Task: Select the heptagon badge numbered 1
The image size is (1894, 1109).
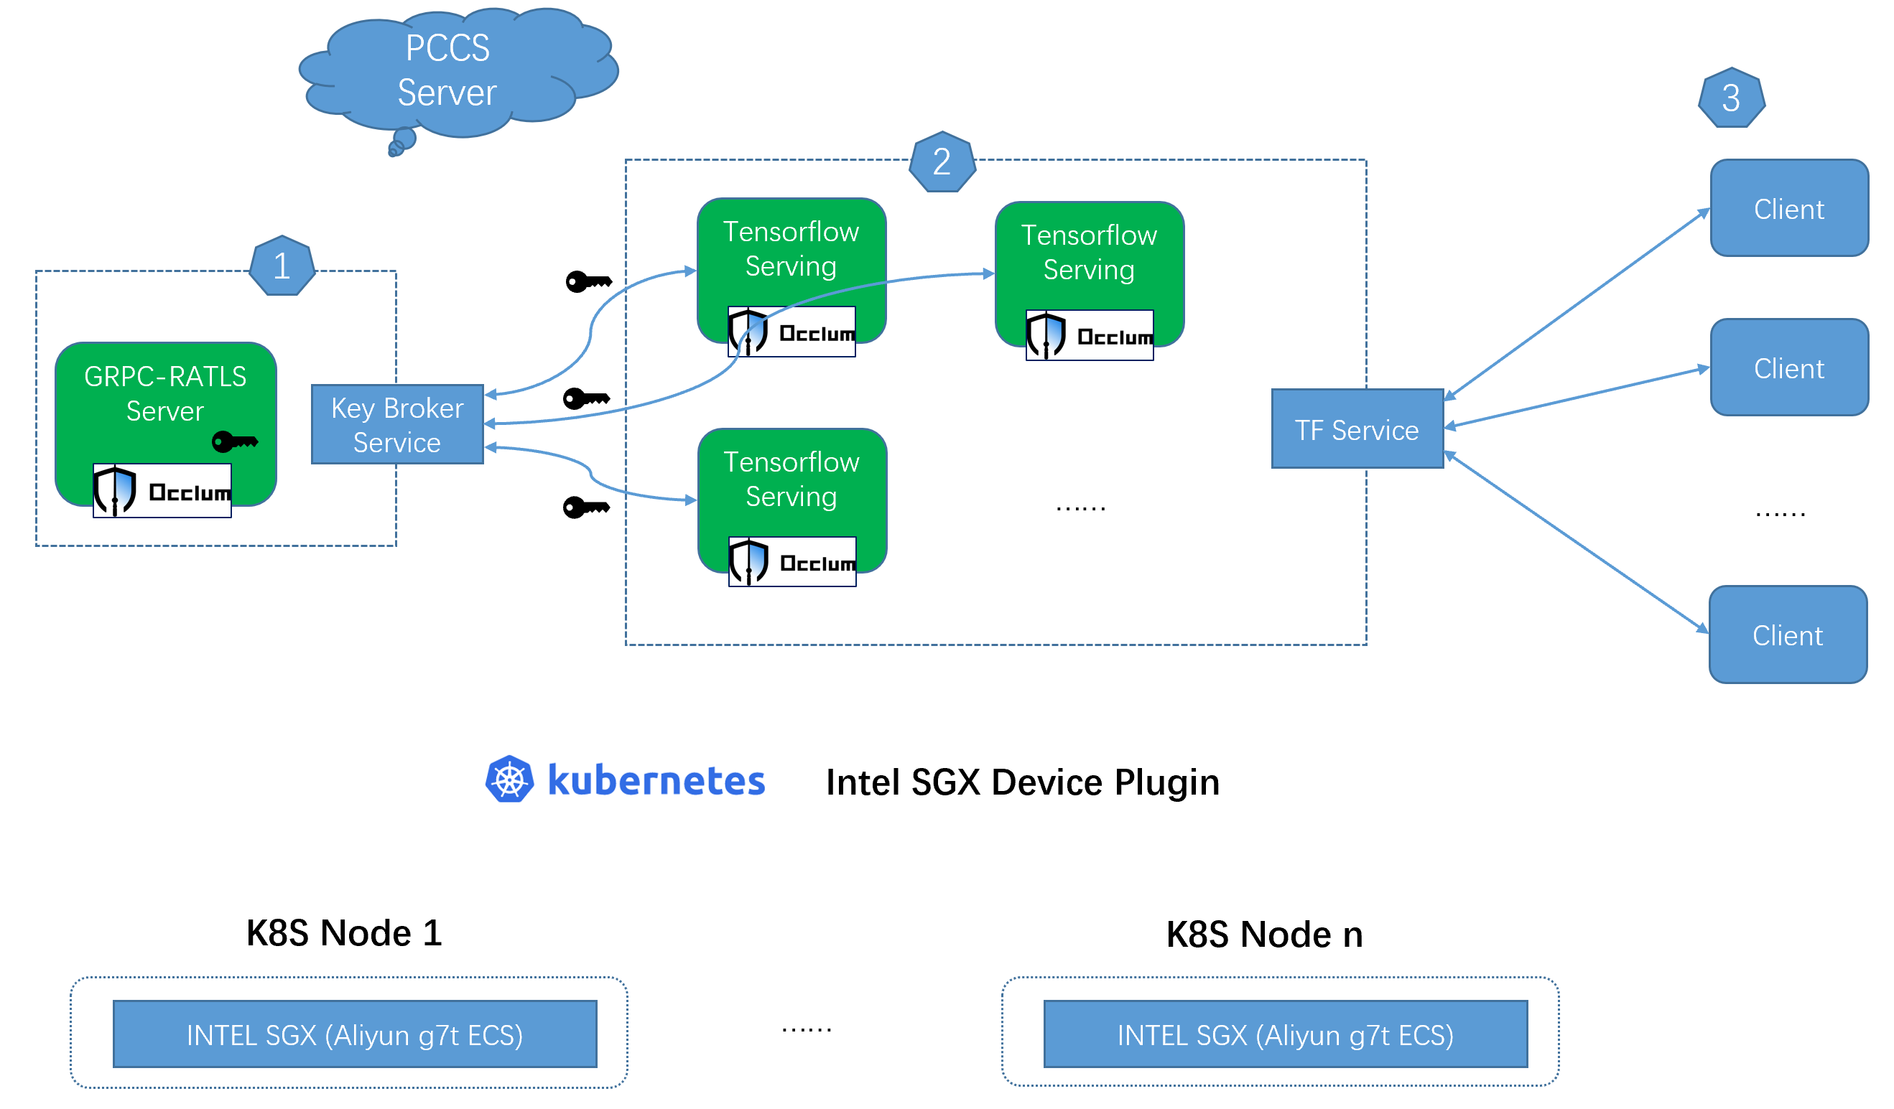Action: point(282,266)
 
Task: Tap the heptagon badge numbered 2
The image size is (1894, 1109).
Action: point(942,162)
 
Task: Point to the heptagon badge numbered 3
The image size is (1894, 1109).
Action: point(1731,98)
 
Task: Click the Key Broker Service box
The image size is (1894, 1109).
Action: point(398,424)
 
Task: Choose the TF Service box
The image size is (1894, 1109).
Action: point(1357,429)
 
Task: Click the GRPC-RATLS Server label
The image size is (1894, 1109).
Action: point(165,393)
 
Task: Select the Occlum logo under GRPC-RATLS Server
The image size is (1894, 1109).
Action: point(162,492)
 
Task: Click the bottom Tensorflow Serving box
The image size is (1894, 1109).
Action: point(792,481)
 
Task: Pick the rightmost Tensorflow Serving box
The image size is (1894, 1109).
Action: point(1089,256)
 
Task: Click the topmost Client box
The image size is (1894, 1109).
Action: point(1788,208)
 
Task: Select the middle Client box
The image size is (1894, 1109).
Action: point(1788,368)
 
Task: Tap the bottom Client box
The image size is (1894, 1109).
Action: point(1787,635)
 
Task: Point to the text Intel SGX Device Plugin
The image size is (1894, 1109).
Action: point(1022,782)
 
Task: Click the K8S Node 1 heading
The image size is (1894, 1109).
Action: point(344,933)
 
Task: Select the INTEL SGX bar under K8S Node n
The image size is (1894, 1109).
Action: point(1285,1034)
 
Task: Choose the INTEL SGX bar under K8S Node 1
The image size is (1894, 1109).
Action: point(355,1034)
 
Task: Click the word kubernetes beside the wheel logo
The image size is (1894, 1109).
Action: point(656,781)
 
